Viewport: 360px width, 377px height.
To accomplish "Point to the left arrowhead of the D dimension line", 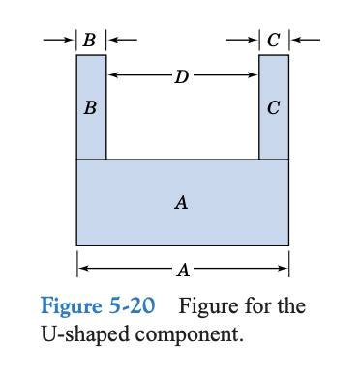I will [112, 74].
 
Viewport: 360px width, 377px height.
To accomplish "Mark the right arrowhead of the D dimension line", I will [254, 74].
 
